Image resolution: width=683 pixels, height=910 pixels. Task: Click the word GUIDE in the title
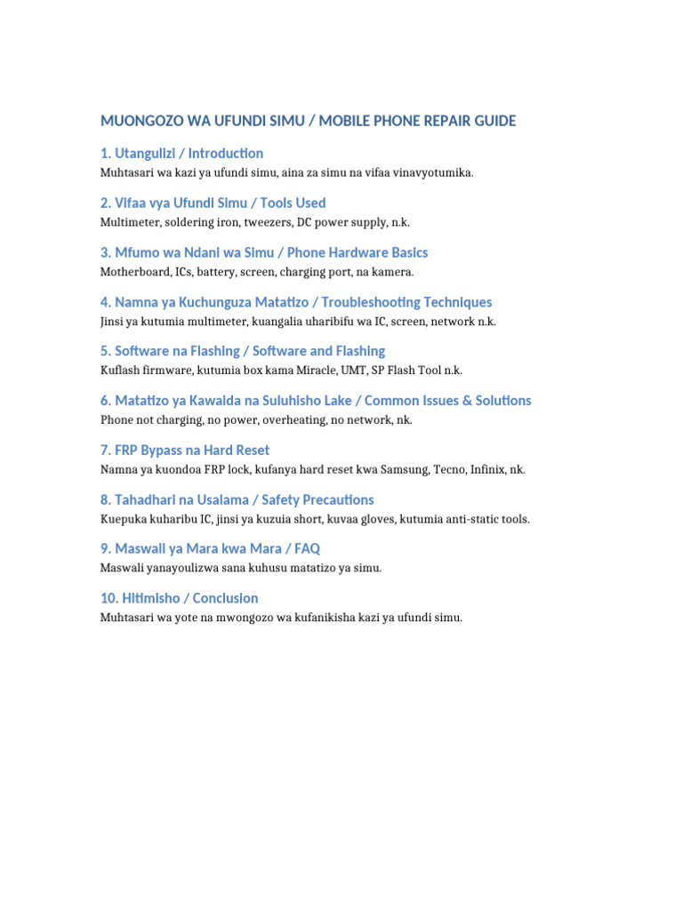point(495,121)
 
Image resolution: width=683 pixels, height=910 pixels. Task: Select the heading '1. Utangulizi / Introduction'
point(182,154)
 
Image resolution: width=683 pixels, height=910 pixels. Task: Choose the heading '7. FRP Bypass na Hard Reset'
point(185,451)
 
